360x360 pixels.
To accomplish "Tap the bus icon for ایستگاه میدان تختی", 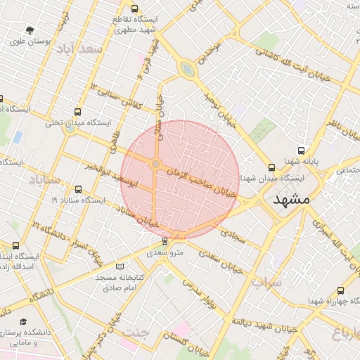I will pyautogui.click(x=77, y=112).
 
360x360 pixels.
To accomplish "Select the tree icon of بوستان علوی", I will pyautogui.click(x=29, y=30).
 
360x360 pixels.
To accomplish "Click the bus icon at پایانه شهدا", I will pyautogui.click(x=302, y=150).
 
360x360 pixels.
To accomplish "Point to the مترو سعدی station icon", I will pyautogui.click(x=165, y=241).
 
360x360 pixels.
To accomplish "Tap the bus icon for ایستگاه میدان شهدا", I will pyautogui.click(x=271, y=167).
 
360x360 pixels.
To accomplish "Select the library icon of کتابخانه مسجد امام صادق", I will pyautogui.click(x=120, y=266).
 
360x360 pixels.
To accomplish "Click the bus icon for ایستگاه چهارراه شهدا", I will pyautogui.click(x=341, y=290).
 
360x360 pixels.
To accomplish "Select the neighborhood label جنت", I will pyautogui.click(x=136, y=332).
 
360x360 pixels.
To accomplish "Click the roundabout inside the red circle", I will pyautogui.click(x=155, y=165).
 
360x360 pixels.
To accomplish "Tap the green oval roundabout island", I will pyautogui.click(x=187, y=69).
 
